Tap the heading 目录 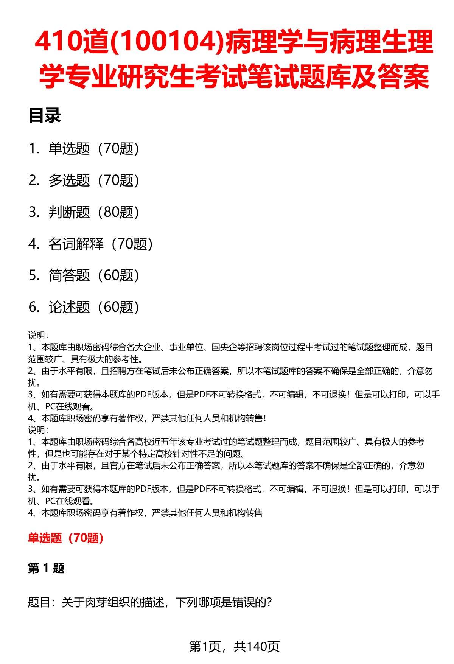pos(45,116)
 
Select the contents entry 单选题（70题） pos(94,148)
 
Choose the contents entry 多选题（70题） pos(94,180)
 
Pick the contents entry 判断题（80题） pos(94,212)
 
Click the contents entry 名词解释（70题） pos(101,244)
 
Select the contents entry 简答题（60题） pos(94,275)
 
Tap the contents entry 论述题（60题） pos(94,307)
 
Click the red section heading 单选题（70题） pos(66,538)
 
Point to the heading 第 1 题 pos(46,568)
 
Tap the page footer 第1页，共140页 pos(234,647)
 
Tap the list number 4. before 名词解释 pos(34,244)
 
